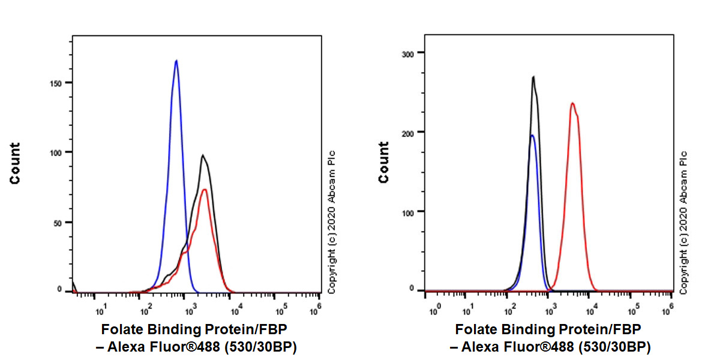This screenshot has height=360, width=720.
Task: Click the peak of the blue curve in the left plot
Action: pyautogui.click(x=176, y=61)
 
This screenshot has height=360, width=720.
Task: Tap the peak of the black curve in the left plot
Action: pyautogui.click(x=203, y=155)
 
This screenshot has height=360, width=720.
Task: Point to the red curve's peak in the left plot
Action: pyautogui.click(x=205, y=190)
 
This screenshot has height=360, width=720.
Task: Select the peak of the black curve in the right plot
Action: pyautogui.click(x=533, y=77)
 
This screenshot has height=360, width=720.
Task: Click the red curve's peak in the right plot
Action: pyautogui.click(x=572, y=103)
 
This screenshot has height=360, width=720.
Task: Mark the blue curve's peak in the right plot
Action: pyautogui.click(x=532, y=135)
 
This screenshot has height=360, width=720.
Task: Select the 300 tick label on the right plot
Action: pyautogui.click(x=408, y=53)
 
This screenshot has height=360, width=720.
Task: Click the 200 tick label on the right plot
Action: pyautogui.click(x=408, y=132)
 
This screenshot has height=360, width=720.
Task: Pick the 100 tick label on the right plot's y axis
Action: pyautogui.click(x=408, y=211)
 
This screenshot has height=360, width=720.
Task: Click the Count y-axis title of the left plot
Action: pyautogui.click(x=14, y=163)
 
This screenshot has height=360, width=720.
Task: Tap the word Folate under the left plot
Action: pyautogui.click(x=121, y=329)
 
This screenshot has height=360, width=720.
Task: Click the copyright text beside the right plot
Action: pyautogui.click(x=683, y=222)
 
